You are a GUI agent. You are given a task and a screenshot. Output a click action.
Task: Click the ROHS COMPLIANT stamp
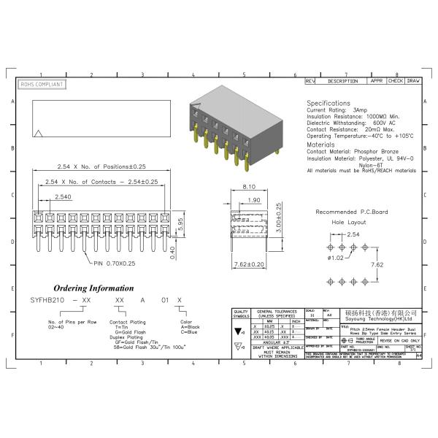41,85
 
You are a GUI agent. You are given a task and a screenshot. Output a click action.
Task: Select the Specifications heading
328,104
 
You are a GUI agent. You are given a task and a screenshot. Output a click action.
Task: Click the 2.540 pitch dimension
62,197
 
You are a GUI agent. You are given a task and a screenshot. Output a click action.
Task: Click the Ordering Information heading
93,288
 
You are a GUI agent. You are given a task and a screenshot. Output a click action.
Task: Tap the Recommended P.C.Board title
353,212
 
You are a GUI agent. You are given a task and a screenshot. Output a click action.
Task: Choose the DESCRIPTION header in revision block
342,81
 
